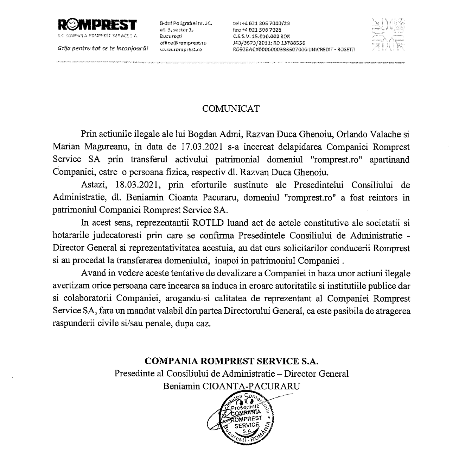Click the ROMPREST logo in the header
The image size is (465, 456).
pos(97,25)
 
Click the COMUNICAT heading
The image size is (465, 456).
pos(231,109)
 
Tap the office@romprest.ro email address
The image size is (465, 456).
pos(183,43)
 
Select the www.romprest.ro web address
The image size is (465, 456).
pos(181,50)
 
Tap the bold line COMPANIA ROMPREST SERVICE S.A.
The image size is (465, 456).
pos(231,361)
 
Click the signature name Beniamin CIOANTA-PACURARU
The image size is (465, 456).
pos(231,386)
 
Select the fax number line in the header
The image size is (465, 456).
pos(257,30)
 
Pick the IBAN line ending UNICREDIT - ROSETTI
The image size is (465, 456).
pos(294,50)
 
